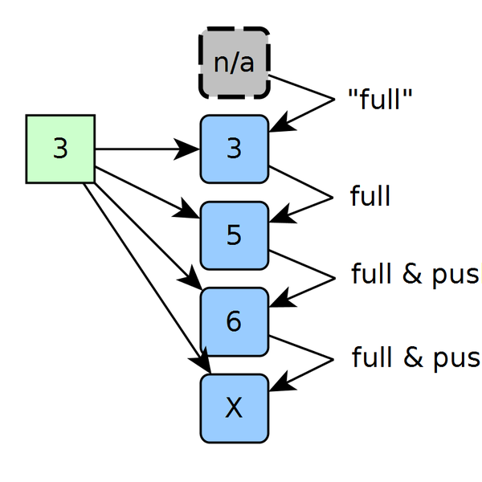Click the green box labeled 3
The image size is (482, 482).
60,149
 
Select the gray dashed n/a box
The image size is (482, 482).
234,63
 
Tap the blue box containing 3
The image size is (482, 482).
234,149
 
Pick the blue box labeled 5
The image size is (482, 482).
234,235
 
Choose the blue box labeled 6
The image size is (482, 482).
234,321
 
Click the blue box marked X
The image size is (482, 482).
234,408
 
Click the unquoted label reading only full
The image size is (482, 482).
370,196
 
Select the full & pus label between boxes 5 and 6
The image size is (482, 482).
415,275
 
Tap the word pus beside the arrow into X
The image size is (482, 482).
460,357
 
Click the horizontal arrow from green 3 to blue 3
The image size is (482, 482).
145,149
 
